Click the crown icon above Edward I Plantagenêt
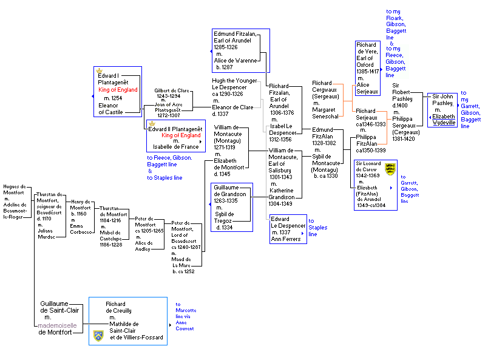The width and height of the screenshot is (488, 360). click(x=100, y=70)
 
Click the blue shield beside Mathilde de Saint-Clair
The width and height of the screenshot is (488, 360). click(x=98, y=336)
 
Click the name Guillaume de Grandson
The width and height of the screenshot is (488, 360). click(x=230, y=191)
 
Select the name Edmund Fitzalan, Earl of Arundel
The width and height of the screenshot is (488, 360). click(x=236, y=37)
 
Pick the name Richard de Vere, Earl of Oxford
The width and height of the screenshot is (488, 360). click(x=367, y=55)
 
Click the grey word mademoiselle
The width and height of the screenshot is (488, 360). click(x=57, y=325)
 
